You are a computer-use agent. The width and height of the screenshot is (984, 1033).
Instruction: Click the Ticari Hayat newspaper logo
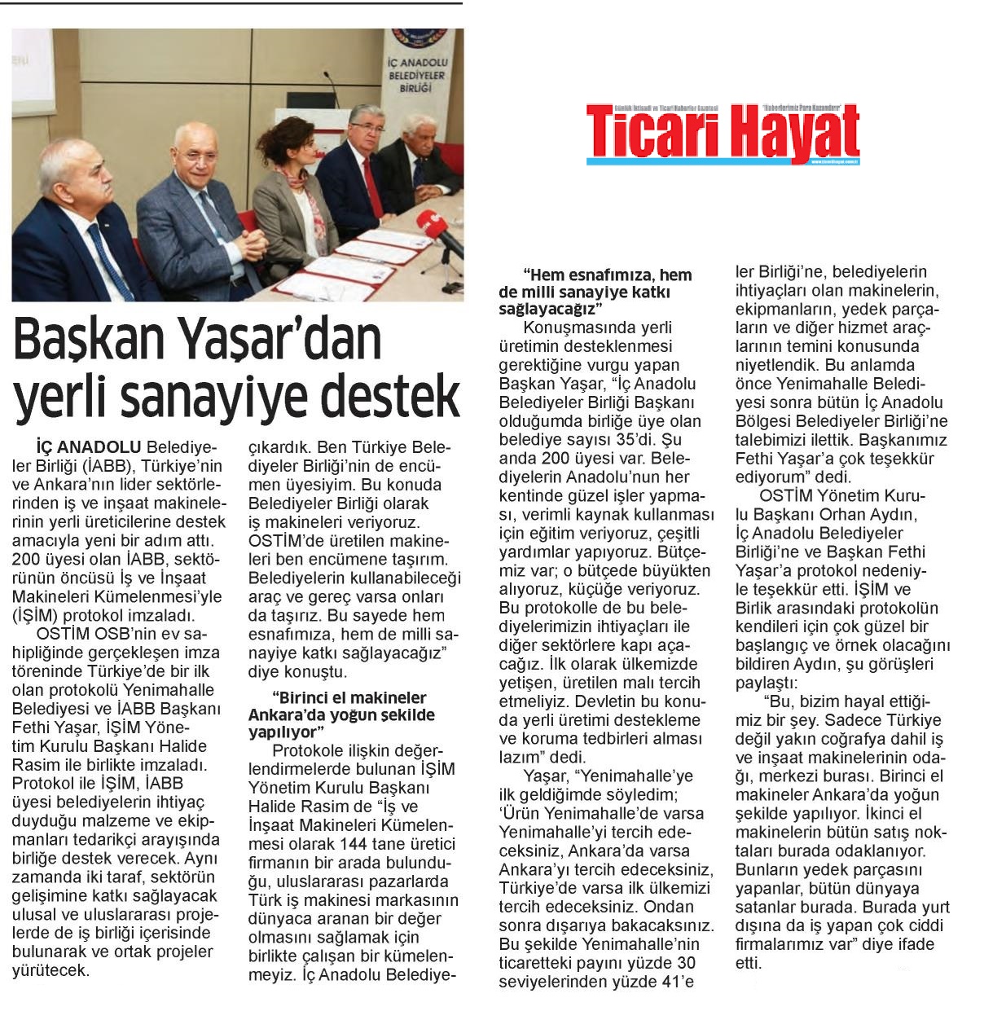pyautogui.click(x=723, y=134)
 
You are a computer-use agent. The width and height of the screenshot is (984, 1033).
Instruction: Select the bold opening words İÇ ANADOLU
pyautogui.click(x=89, y=447)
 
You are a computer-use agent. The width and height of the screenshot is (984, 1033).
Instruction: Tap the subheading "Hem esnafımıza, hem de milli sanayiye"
pyautogui.click(x=595, y=292)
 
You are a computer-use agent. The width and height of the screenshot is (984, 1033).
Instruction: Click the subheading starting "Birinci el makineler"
pyautogui.click(x=342, y=714)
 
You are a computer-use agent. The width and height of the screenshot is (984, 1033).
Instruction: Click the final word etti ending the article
pyautogui.click(x=747, y=963)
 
